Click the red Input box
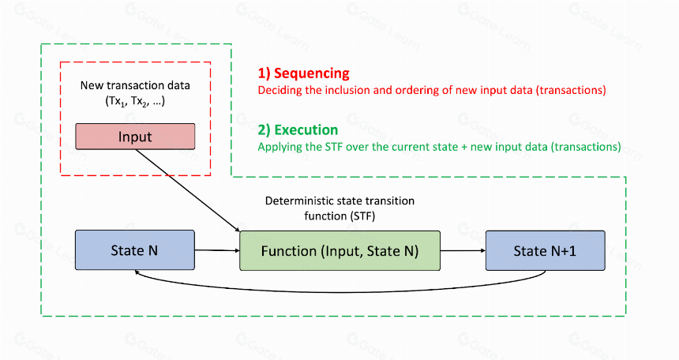coord(135,137)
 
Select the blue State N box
coord(135,250)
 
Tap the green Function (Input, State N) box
coord(340,251)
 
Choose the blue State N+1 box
coord(546,251)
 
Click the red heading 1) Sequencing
coord(303,73)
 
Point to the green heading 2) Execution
coord(298,130)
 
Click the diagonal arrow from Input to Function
coord(187,190)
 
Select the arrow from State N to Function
coord(217,250)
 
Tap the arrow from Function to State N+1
coord(463,250)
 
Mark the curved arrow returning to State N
coord(340,291)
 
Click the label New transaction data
coord(135,85)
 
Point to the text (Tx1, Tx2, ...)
coord(135,101)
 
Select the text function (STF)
coord(340,216)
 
